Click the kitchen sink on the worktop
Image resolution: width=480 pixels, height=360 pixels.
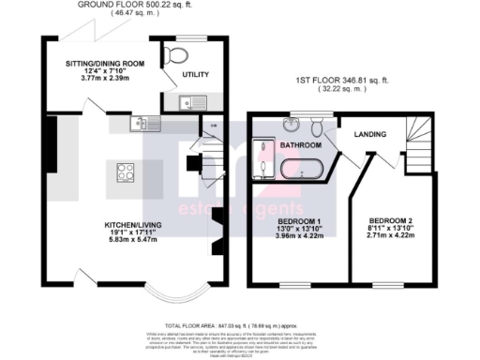pyautogui.click(x=141, y=121)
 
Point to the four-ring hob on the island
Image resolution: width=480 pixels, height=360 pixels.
pyautogui.click(x=125, y=172)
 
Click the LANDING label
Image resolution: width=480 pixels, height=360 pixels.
pyautogui.click(x=370, y=135)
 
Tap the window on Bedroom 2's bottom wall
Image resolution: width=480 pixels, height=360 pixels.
pyautogui.click(x=386, y=281)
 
